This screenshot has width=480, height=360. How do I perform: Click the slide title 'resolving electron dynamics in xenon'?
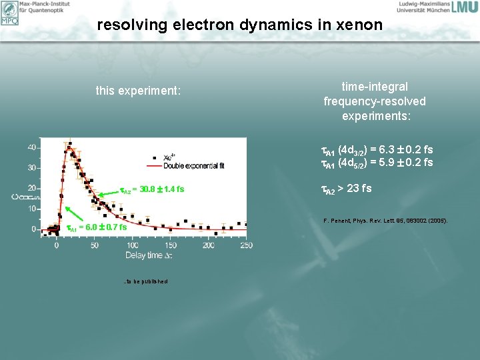click(x=240, y=25)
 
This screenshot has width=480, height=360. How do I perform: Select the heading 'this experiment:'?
click(x=138, y=90)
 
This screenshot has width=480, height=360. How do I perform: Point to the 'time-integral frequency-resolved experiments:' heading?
click(x=374, y=101)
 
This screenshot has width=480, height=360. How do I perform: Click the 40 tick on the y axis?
click(x=32, y=147)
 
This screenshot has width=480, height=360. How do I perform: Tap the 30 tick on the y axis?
click(x=32, y=168)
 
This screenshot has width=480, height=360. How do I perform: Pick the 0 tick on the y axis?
click(x=34, y=229)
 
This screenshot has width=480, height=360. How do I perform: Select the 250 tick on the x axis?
click(x=246, y=246)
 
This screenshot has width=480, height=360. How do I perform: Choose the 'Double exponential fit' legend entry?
click(x=193, y=165)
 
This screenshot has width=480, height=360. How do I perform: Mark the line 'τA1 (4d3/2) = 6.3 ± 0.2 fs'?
click(x=377, y=150)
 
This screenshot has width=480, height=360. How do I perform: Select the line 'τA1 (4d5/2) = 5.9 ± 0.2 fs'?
click(x=377, y=162)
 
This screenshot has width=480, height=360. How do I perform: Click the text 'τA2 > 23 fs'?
click(x=347, y=189)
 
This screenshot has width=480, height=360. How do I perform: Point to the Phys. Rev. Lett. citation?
click(x=385, y=220)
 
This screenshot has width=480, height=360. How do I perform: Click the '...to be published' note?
click(x=145, y=281)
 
